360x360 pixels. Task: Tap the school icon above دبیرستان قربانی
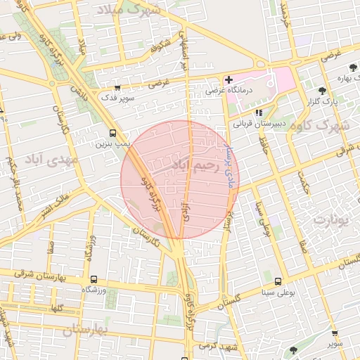pyautogui.click(x=259, y=112)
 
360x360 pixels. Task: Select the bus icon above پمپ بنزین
pyautogui.click(x=113, y=133)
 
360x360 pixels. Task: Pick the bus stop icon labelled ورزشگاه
pyautogui.click(x=94, y=279)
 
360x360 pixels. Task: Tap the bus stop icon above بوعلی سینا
pyautogui.click(x=278, y=281)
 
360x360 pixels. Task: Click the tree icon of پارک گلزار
pyautogui.click(x=322, y=91)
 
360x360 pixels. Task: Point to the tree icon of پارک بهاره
pyautogui.click(x=353, y=67)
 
